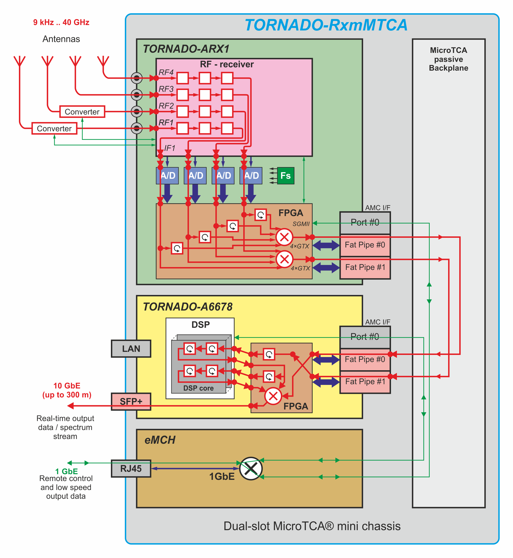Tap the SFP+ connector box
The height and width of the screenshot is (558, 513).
pyautogui.click(x=131, y=401)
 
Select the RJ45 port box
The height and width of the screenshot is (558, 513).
pyautogui.click(x=131, y=469)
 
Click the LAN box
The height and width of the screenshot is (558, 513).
pyautogui.click(x=131, y=349)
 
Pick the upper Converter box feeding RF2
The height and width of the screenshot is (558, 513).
pyautogui.click(x=82, y=112)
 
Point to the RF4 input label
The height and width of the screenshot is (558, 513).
pyautogui.click(x=166, y=72)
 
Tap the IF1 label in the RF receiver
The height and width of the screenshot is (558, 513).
pyautogui.click(x=170, y=148)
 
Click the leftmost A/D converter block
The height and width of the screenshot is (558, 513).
pyautogui.click(x=167, y=175)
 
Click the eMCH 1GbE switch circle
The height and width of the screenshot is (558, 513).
pyautogui.click(x=251, y=469)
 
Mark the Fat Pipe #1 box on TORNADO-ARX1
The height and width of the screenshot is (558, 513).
pyautogui.click(x=365, y=268)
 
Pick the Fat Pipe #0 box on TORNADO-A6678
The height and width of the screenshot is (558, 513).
pyautogui.click(x=365, y=359)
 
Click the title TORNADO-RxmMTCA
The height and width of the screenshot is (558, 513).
pyautogui.click(x=326, y=25)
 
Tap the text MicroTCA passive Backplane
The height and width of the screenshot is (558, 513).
pyautogui.click(x=448, y=59)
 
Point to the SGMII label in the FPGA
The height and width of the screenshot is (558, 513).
pyautogui.click(x=301, y=224)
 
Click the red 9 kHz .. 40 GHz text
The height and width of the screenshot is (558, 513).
pyautogui.click(x=61, y=22)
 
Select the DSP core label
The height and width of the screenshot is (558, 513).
pyautogui.click(x=198, y=388)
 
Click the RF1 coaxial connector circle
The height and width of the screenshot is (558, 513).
pyautogui.click(x=137, y=128)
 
